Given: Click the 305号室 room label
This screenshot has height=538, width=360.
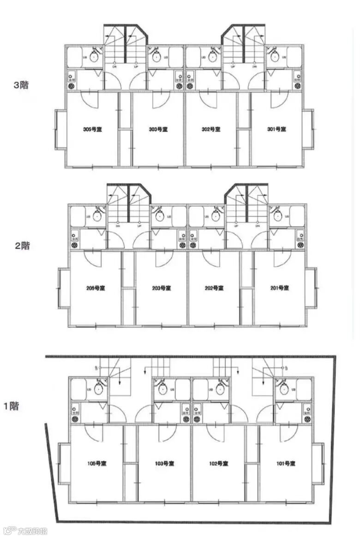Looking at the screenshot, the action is click(x=92, y=129).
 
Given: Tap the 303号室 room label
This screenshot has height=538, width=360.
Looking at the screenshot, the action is click(x=158, y=129).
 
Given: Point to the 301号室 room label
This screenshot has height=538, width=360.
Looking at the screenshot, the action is click(x=277, y=129).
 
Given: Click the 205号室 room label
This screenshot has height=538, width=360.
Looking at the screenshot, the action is click(x=96, y=288).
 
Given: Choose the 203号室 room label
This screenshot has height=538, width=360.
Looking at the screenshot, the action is click(x=162, y=288).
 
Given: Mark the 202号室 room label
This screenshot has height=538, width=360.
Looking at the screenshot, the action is click(x=214, y=288).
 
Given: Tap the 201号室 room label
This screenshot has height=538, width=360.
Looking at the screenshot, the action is click(x=280, y=288).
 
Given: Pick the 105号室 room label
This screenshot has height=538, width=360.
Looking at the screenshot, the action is click(x=97, y=463).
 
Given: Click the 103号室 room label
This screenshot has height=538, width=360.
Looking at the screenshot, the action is click(x=164, y=463).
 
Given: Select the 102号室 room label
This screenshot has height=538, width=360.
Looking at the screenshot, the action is click(x=219, y=463).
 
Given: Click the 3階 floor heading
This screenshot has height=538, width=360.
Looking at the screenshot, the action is click(x=21, y=85).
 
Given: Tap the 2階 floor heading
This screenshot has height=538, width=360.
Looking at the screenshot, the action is click(x=22, y=245).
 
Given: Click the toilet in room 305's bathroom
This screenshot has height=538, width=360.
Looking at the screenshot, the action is click(x=94, y=57).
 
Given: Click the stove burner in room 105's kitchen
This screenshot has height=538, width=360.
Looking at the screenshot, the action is click(x=75, y=419).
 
